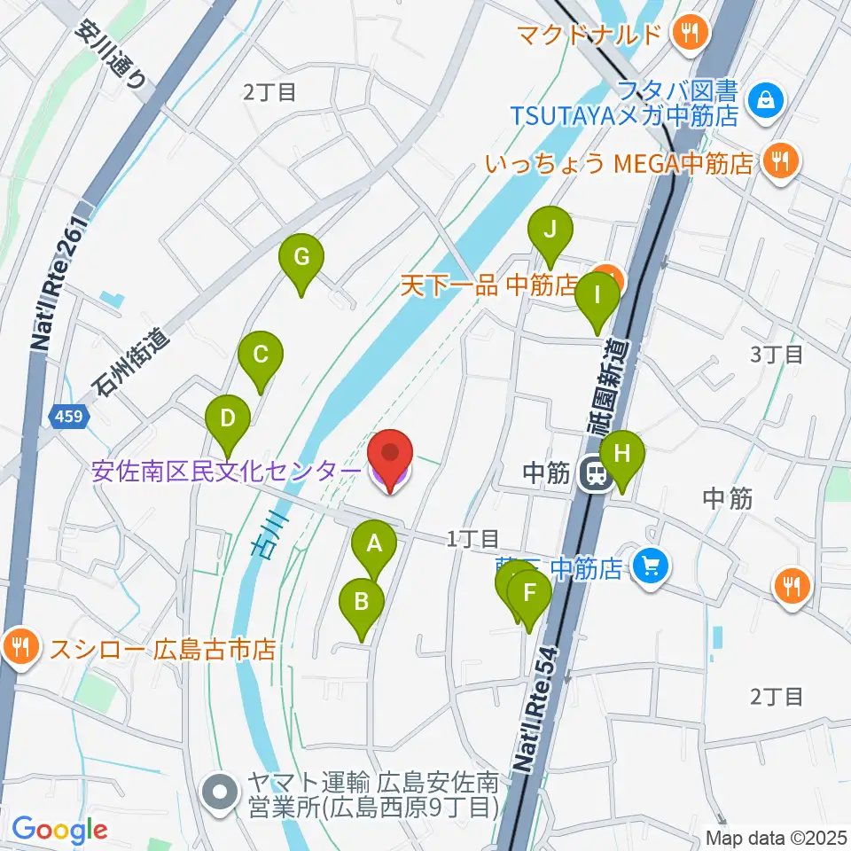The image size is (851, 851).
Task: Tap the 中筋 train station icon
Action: pyautogui.click(x=594, y=474)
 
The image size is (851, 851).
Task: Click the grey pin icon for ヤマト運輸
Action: pyautogui.click(x=217, y=786)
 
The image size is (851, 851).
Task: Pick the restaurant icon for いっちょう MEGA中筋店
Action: pyautogui.click(x=781, y=160)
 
